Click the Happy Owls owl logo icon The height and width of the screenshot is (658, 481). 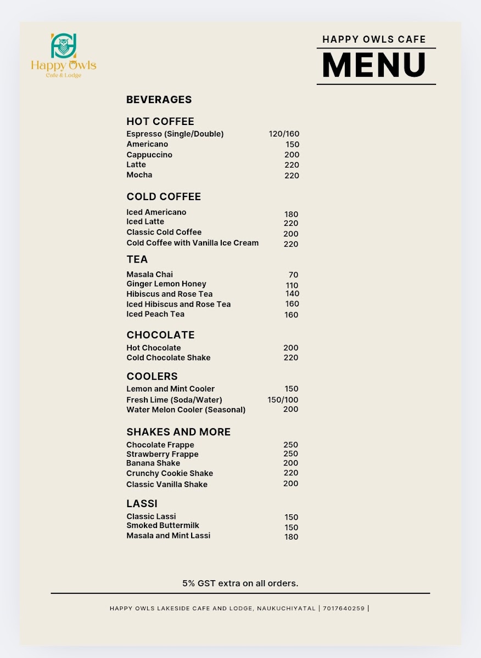coord(63,47)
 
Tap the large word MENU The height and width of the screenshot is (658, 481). coord(374,65)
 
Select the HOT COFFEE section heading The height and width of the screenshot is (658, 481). coord(160,121)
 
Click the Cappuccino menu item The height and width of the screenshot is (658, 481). coord(149,155)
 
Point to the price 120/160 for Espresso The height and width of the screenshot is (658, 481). coord(284,134)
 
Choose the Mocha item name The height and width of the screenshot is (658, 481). coord(139,175)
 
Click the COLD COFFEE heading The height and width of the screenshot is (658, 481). coord(164,196)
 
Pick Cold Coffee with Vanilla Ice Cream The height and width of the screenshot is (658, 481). coord(192,243)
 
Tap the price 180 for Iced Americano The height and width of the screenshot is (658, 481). coord(291,214)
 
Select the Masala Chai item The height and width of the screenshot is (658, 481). coord(149,274)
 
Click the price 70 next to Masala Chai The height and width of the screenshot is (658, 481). coord(293,275)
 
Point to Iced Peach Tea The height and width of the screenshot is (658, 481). coord(155,314)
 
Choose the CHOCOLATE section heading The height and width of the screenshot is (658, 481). coord(160,335)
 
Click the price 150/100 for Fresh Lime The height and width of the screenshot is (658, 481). coord(283,400)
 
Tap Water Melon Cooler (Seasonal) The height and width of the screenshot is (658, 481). coord(186,410)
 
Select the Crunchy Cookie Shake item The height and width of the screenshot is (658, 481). coord(170,473)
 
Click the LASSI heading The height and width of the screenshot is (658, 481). coord(142,503)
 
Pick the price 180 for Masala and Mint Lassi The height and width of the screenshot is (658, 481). coord(291,537)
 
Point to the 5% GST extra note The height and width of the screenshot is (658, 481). coord(240,583)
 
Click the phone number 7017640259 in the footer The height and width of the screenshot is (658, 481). coord(343,608)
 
